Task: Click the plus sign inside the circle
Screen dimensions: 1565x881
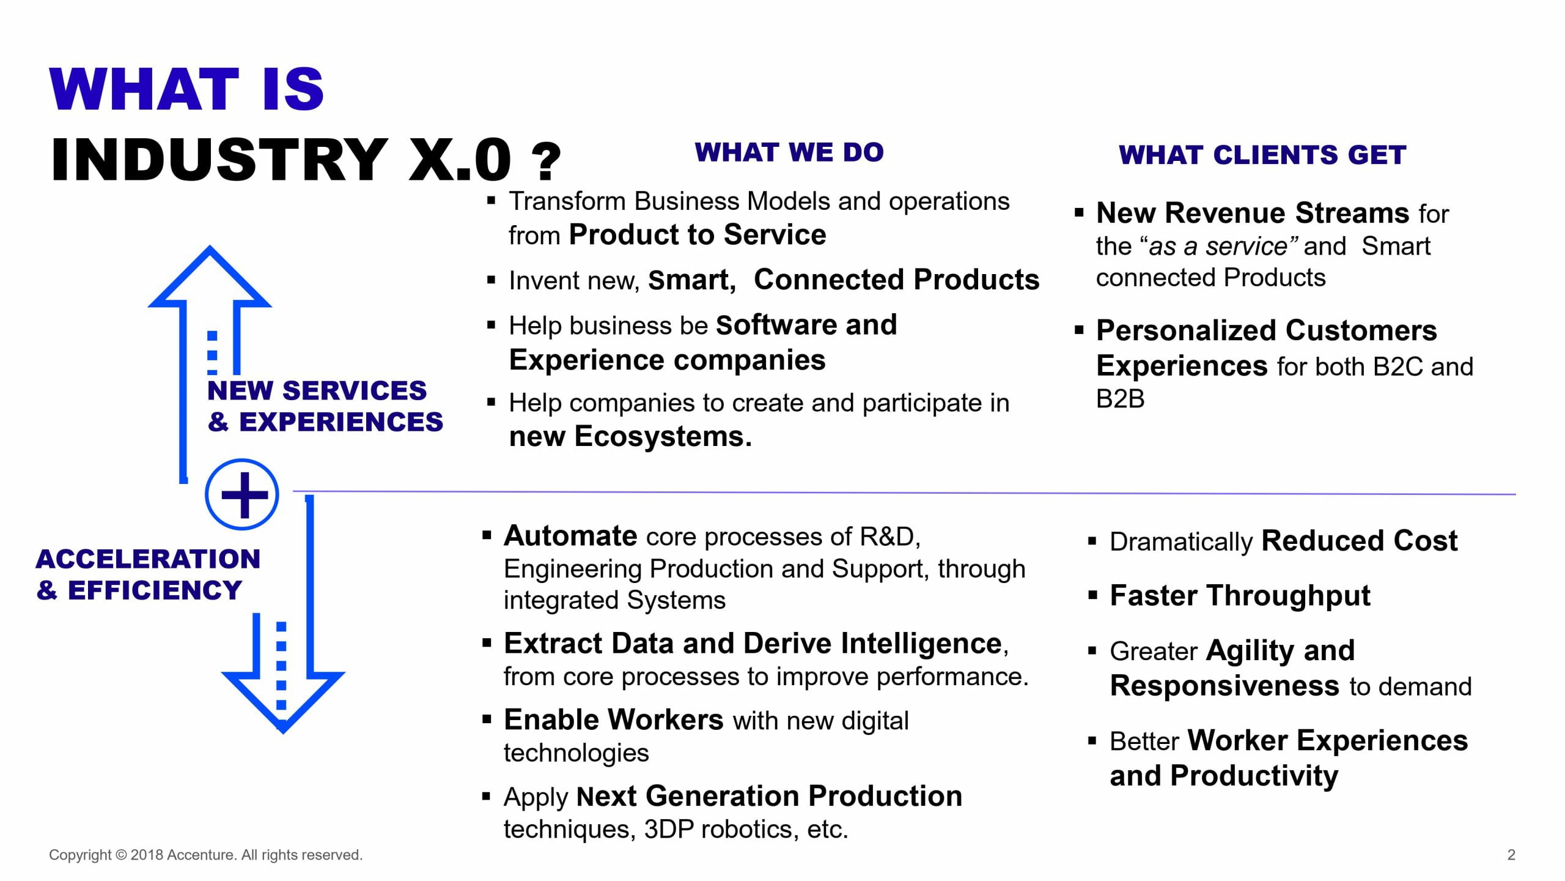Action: point(244,495)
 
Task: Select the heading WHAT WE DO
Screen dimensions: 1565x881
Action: point(789,152)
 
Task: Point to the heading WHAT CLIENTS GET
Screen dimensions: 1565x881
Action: point(1262,155)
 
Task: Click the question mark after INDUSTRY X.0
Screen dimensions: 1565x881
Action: point(546,162)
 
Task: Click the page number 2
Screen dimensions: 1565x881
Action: point(1511,855)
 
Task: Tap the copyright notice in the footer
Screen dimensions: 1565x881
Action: point(206,855)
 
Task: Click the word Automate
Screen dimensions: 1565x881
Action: point(570,536)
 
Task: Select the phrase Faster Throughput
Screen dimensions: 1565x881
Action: point(1240,596)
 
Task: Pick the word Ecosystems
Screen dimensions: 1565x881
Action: point(663,436)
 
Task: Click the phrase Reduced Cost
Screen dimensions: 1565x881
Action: point(1360,541)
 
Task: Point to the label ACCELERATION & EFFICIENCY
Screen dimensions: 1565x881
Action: point(148,574)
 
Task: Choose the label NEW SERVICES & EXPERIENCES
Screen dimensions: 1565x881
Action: point(325,406)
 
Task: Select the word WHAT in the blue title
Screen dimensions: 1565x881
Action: point(144,89)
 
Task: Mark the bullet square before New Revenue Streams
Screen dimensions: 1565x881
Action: point(1079,214)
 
